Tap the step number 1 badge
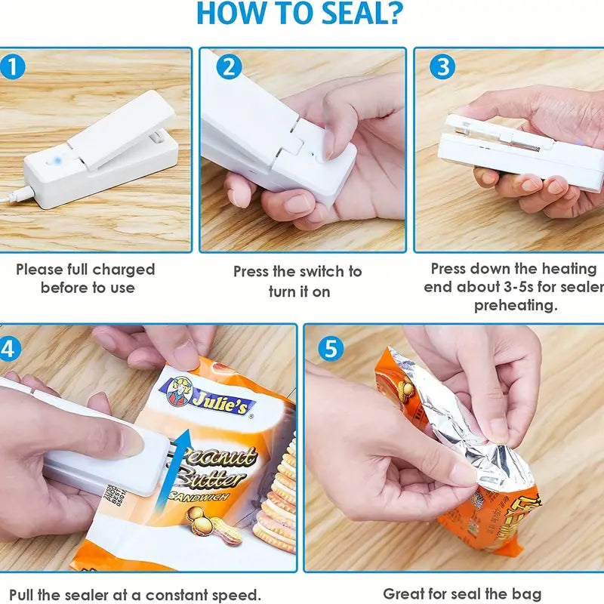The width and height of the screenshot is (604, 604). point(13,67)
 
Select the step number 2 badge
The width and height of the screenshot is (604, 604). point(229,67)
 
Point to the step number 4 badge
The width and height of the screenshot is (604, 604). point(8,348)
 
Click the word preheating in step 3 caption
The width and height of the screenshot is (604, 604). point(515,305)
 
